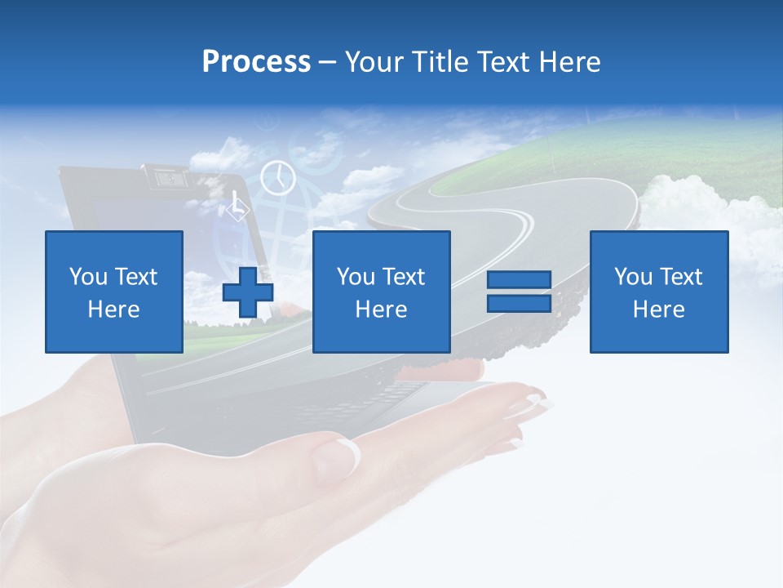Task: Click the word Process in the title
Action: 256,62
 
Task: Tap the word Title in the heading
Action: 441,62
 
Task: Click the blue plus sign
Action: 248,292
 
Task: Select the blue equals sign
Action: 519,292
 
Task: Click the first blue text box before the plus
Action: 114,292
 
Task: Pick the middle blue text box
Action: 381,292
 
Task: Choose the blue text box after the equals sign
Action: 658,292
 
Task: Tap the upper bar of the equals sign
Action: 519,280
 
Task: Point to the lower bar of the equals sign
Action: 519,303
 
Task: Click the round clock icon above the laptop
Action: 277,177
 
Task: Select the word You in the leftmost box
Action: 87,277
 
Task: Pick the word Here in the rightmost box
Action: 658,309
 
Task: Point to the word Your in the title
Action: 374,62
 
